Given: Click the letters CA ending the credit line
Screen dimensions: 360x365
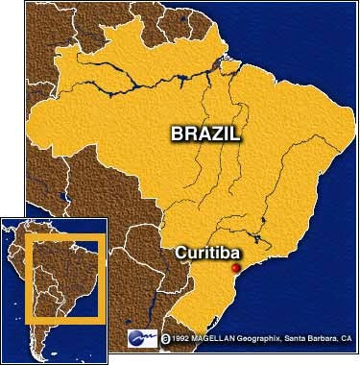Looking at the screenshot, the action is (x=348, y=338).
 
